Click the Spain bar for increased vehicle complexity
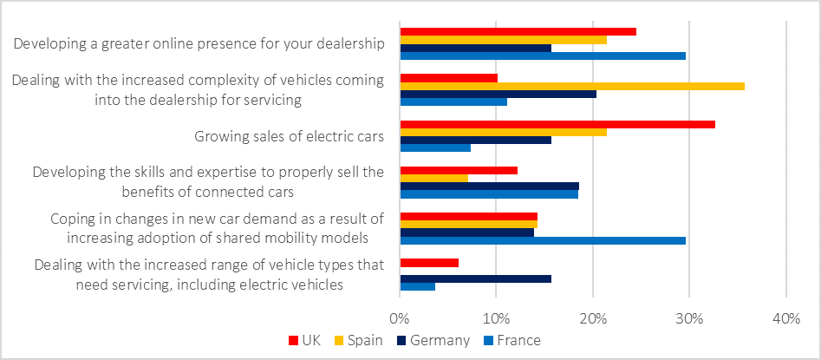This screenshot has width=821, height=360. tap(571, 86)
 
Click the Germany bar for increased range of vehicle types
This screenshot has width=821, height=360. tap(475, 278)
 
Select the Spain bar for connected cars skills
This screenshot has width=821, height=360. tap(433, 178)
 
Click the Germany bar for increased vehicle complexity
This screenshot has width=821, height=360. tap(498, 94)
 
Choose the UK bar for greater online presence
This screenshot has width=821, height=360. tap(518, 32)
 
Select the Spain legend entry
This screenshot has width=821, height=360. tap(356, 340)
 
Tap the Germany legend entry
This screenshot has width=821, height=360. tap(433, 340)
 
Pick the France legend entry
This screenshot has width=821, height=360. tap(512, 340)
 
